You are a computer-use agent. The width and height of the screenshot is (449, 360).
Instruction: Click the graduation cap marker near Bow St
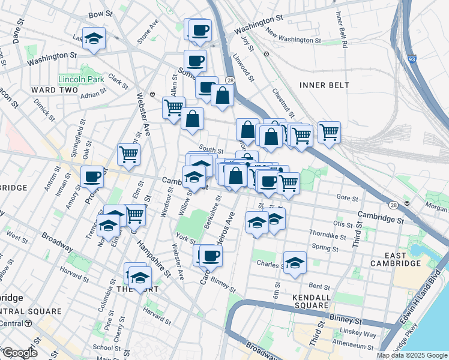[x=94, y=39]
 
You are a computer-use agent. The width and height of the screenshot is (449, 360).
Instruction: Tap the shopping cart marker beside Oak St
[x=129, y=155]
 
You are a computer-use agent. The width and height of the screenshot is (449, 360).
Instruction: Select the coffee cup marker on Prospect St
[x=92, y=177]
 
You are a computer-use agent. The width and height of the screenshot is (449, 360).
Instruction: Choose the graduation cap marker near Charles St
[x=295, y=263]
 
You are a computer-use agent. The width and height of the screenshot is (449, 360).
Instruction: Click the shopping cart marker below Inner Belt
[x=329, y=132]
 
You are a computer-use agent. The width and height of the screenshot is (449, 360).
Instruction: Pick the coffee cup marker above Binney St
[x=210, y=256]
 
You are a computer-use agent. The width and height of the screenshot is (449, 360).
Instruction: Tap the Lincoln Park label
[x=82, y=79]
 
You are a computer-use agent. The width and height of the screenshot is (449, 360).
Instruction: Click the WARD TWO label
[x=55, y=90]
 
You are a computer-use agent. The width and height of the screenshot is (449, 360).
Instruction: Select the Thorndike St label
[x=325, y=233]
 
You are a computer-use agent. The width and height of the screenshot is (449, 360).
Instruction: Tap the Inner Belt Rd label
[x=341, y=34]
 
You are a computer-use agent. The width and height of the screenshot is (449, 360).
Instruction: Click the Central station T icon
[x=28, y=323]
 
